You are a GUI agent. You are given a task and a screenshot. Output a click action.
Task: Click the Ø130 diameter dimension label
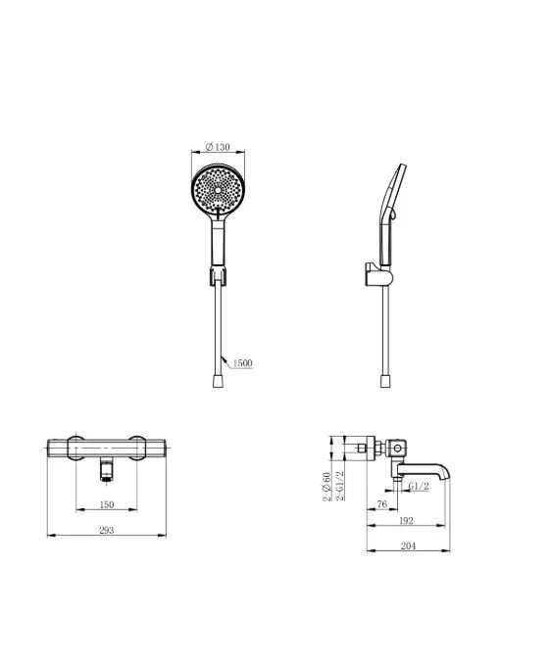coord(218,147)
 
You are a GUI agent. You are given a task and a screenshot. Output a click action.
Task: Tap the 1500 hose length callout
coord(242,362)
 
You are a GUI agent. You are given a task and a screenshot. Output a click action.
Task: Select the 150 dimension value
coord(107,504)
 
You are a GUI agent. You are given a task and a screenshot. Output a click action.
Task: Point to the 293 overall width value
coord(107,530)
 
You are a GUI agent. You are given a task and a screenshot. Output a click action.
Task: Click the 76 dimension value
coord(381,503)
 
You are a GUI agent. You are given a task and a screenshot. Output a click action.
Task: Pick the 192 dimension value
coord(406,521)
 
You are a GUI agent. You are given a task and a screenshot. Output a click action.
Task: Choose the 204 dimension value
coord(408,545)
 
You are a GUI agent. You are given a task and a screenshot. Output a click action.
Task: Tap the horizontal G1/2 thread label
coord(419,487)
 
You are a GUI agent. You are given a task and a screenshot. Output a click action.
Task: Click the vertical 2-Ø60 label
coord(326,487)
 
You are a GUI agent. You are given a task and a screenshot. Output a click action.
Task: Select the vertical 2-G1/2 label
coord(340,486)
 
